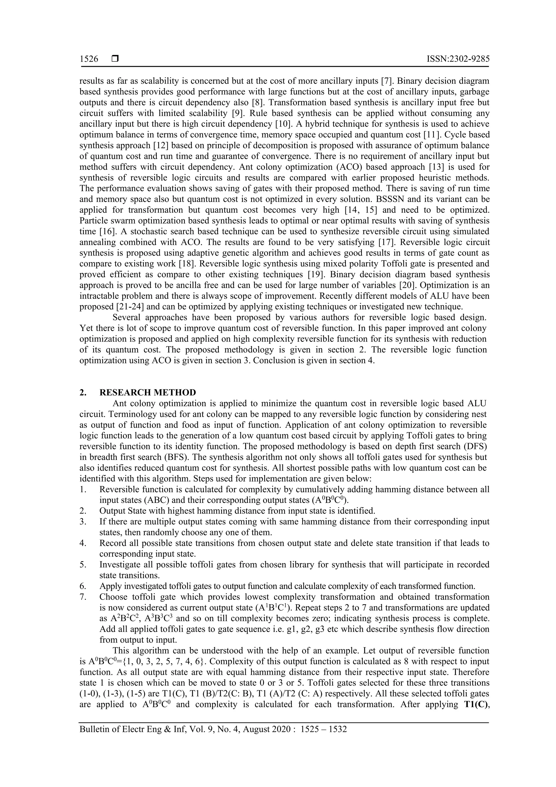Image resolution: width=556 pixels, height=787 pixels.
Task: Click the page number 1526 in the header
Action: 89,59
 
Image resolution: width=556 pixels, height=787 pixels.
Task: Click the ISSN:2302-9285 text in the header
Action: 458,59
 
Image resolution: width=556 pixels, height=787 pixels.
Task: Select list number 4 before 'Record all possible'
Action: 83,543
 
